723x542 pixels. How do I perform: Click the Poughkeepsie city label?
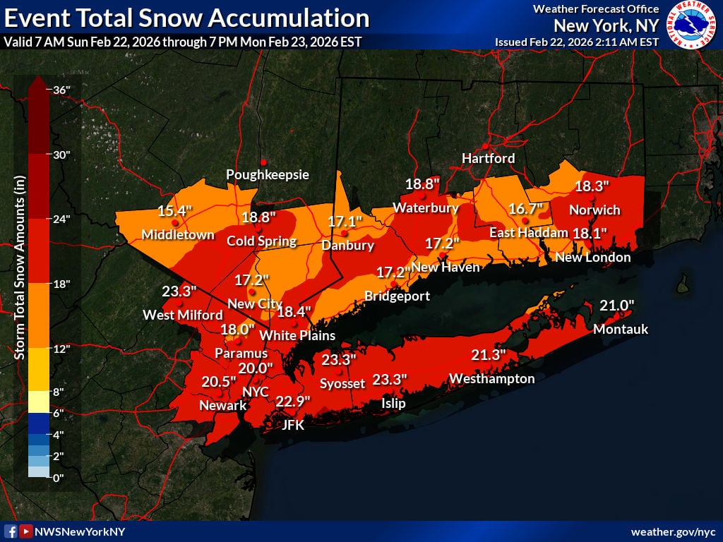pyautogui.click(x=268, y=174)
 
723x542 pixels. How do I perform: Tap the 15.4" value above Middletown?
pyautogui.click(x=174, y=211)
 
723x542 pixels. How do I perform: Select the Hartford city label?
pyautogui.click(x=488, y=158)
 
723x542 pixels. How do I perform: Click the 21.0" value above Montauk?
pyautogui.click(x=617, y=305)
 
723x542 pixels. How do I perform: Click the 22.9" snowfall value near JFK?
pyautogui.click(x=293, y=401)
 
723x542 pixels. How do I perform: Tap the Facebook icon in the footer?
pyautogui.click(x=11, y=531)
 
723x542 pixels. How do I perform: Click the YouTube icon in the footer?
pyautogui.click(x=25, y=531)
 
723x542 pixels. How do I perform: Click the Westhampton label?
pyautogui.click(x=492, y=379)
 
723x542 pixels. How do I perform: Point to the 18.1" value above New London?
pyautogui.click(x=590, y=233)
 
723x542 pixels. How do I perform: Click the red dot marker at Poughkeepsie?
pyautogui.click(x=263, y=162)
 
